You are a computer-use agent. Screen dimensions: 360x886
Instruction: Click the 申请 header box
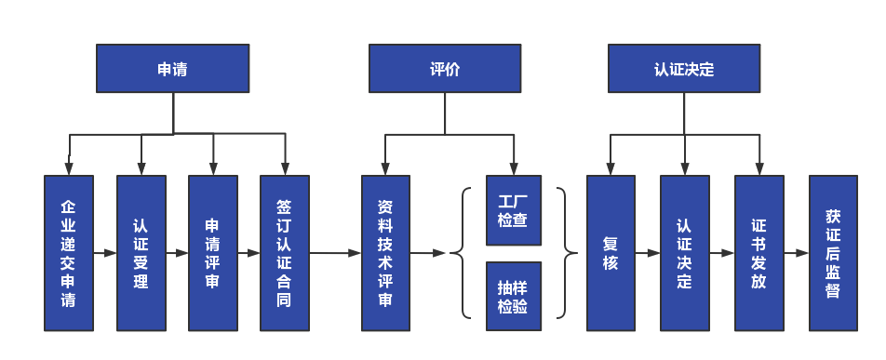point(173,70)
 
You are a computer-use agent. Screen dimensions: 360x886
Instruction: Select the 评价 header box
point(445,70)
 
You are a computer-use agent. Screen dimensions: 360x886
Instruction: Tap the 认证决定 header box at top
point(684,70)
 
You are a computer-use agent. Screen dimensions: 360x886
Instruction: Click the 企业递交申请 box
point(69,253)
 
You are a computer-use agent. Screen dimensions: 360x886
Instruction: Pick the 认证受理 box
point(141,253)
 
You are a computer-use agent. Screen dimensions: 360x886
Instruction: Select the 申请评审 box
point(213,253)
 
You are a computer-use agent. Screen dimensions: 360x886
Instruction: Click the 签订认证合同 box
point(285,253)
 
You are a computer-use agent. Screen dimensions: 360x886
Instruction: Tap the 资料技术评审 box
point(386,253)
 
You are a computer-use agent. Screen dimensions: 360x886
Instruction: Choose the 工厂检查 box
point(513,211)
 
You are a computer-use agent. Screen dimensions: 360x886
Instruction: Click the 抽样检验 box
point(513,296)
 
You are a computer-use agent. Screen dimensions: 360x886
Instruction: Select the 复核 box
point(611,253)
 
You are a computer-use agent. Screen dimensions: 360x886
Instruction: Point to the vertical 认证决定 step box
point(685,253)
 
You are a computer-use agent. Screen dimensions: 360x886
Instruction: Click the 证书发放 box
point(759,253)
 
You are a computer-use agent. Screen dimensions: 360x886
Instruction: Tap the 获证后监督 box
point(833,253)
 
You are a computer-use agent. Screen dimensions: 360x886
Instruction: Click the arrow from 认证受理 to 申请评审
point(177,253)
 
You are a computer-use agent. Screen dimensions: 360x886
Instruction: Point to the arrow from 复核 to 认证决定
point(648,253)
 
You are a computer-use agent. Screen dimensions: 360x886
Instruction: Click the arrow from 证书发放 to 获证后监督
point(796,253)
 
